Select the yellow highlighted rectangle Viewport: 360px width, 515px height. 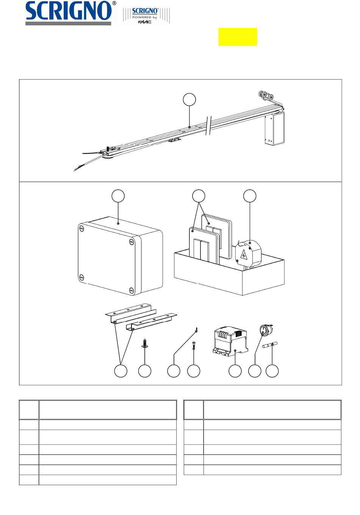point(238,37)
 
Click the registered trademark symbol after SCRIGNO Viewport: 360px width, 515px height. point(114,3)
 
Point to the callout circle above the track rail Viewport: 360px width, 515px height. point(189,100)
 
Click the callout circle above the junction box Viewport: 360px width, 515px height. point(118,196)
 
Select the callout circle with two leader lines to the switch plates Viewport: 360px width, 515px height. point(199,196)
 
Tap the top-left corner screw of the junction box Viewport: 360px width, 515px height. point(82,229)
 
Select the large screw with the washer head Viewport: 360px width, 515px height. point(144,343)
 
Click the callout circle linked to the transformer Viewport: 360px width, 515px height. point(235,371)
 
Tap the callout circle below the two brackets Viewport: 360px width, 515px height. point(121,371)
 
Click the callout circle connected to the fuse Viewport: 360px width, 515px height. point(272,371)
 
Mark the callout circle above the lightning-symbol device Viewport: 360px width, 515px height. point(250,196)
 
